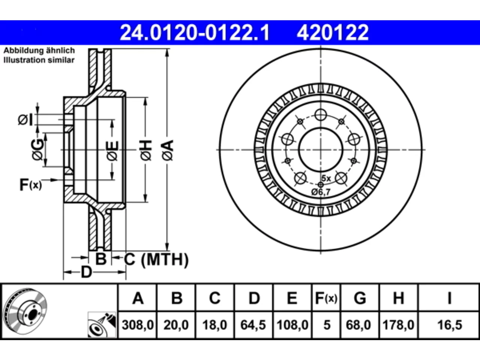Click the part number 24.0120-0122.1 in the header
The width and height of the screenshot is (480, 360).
[195, 33]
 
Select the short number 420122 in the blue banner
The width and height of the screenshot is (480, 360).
[333, 33]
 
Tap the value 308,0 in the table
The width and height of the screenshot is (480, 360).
[138, 325]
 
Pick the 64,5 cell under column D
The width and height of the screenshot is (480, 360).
[253, 325]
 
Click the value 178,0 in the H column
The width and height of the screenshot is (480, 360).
[398, 325]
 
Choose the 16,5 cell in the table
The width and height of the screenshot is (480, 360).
[450, 325]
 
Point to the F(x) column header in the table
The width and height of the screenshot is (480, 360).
[326, 298]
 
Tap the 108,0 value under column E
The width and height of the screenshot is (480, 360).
[292, 325]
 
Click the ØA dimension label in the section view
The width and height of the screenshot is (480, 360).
[168, 150]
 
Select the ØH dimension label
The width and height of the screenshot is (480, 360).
[146, 150]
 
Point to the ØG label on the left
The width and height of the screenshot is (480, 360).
[37, 149]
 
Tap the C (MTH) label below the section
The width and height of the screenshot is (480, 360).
[156, 259]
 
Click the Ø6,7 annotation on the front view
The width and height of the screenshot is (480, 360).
[321, 192]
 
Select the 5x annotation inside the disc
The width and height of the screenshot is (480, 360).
[326, 178]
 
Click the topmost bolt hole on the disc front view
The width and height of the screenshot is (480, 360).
[321, 114]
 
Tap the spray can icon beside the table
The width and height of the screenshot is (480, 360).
[102, 324]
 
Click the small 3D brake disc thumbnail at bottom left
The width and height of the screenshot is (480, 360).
[26, 311]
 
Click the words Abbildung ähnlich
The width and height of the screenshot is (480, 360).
[39, 51]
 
